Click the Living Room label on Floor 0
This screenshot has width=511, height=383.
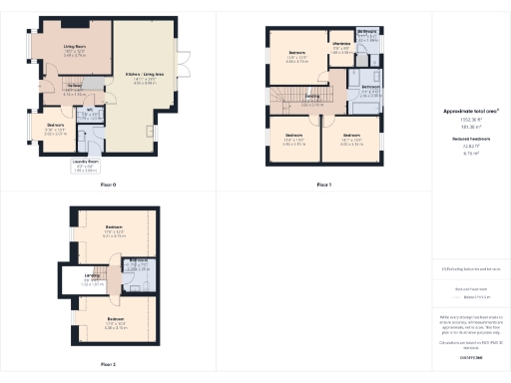(75, 45)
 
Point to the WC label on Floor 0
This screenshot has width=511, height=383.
(89, 110)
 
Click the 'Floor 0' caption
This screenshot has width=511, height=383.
(108, 185)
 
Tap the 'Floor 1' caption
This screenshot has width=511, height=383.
(323, 185)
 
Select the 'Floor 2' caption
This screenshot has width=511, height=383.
(108, 364)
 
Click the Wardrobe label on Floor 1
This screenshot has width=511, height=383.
(340, 44)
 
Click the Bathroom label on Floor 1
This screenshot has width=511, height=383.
(370, 88)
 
